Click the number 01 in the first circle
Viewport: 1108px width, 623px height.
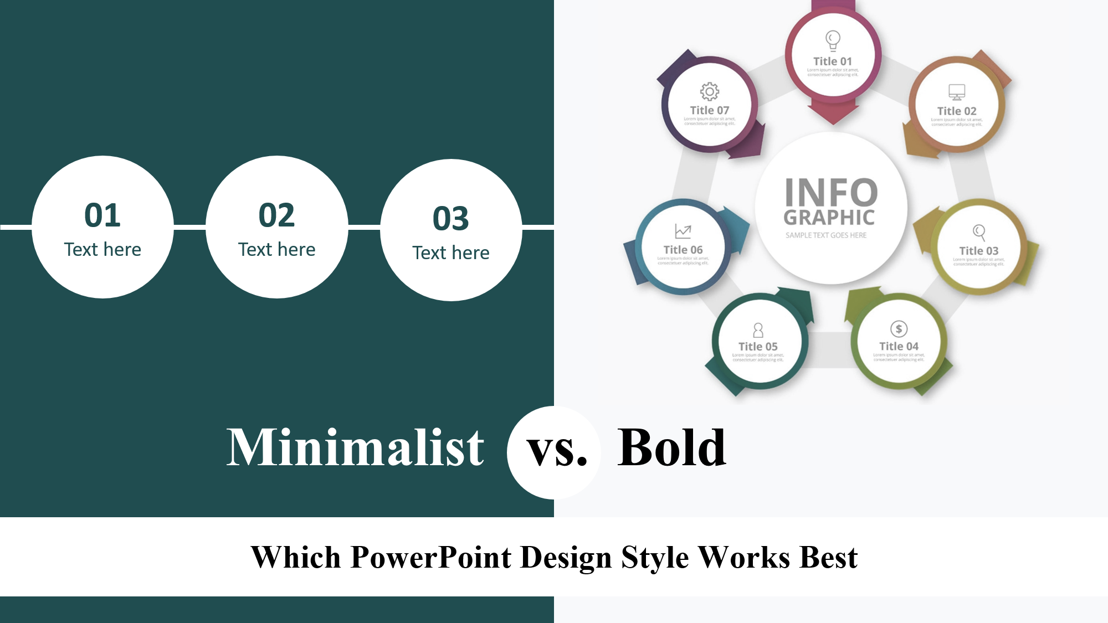tap(102, 215)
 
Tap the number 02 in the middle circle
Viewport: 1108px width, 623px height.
tap(276, 215)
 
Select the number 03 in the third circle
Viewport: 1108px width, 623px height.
tap(451, 218)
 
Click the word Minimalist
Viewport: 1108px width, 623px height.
tap(355, 447)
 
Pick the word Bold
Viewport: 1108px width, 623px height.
tap(671, 447)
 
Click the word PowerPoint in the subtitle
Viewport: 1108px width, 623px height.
tap(430, 557)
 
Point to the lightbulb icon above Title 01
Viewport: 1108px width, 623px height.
tap(833, 40)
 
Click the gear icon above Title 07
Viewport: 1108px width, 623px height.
tap(710, 91)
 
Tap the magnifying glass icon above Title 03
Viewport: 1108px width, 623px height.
tap(979, 232)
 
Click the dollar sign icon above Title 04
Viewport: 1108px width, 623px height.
tap(899, 329)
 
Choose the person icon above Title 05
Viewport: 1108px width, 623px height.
tap(758, 330)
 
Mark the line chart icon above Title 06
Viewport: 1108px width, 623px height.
tap(683, 231)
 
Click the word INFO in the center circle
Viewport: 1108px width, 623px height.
tap(831, 193)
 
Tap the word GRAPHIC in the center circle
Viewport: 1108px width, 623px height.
tap(829, 218)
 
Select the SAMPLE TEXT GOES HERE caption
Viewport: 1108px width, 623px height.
tap(826, 235)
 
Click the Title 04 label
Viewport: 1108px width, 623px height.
tap(899, 346)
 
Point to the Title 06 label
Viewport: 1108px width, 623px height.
tap(683, 250)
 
